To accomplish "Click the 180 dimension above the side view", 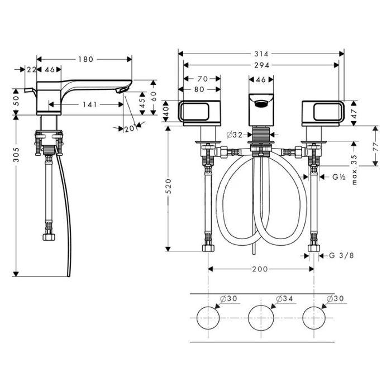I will pos(85,59).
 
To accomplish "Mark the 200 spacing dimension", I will pos(260,269).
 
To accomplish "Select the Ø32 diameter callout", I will pos(234,134).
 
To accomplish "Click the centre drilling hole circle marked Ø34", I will pos(260,317).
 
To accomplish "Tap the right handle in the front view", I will pos(323,112).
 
